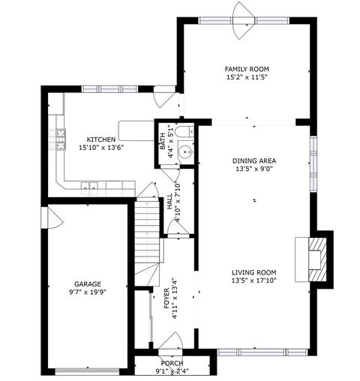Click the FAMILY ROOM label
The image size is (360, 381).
tap(247, 69)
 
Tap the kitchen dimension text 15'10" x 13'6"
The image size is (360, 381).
tap(101, 148)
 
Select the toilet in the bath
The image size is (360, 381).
tap(184, 132)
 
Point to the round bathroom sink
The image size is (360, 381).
tap(186, 151)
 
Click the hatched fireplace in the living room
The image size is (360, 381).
tap(317, 259)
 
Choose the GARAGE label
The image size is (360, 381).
tap(88, 284)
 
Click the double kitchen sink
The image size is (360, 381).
tap(89, 187)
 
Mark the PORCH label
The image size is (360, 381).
tap(172, 363)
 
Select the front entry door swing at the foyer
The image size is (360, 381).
tap(170, 340)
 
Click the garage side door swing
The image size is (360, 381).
tap(54, 216)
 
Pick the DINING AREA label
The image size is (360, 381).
tap(254, 160)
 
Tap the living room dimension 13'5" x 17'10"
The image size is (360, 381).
tap(254, 280)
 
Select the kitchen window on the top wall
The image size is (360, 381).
tap(110, 88)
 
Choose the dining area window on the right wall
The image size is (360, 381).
tap(313, 163)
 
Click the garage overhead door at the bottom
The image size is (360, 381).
tap(88, 371)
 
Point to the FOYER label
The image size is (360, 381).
tap(166, 298)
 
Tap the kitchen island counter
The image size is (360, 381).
tap(136, 130)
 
